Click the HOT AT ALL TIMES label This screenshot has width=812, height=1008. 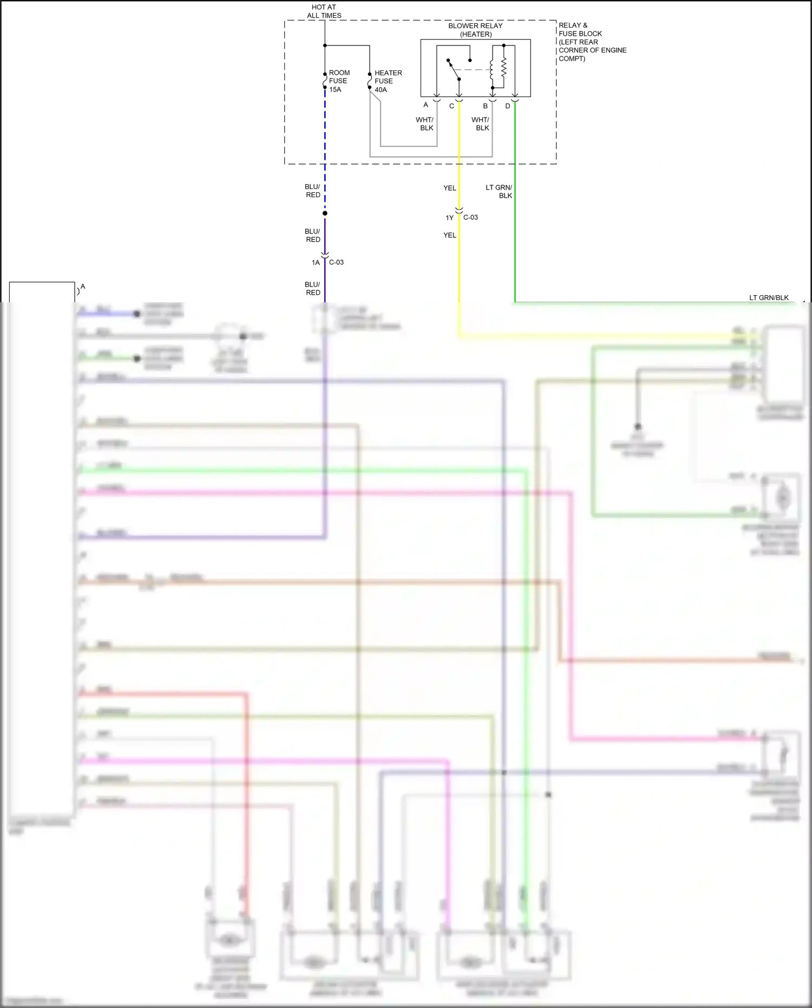[324, 11]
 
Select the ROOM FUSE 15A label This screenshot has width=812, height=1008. [339, 81]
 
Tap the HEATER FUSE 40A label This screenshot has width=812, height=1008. [388, 81]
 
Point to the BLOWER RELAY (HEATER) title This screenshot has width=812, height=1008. [475, 30]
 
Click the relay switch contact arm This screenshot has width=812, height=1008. [454, 69]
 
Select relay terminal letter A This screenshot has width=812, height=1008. [425, 105]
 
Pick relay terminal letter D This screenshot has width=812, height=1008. [507, 106]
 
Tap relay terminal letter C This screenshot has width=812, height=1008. [451, 106]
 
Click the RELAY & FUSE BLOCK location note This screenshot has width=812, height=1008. [592, 42]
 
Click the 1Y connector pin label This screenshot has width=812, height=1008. [449, 218]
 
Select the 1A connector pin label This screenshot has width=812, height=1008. [316, 263]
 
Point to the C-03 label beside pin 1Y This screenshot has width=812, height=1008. [470, 217]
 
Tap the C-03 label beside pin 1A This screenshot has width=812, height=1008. [336, 262]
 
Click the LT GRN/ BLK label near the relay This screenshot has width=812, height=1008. [499, 191]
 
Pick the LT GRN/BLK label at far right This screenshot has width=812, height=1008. [768, 297]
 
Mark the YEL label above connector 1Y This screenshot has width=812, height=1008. [449, 188]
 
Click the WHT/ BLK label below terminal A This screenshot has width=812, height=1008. [425, 123]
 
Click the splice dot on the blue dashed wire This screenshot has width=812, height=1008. [325, 213]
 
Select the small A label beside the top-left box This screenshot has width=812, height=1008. [83, 287]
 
